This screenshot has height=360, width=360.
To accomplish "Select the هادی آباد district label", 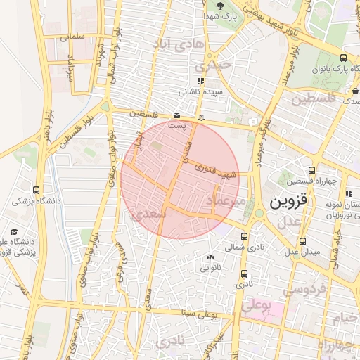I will (182, 44).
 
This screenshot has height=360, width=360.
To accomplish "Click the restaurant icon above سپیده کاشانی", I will (200, 81).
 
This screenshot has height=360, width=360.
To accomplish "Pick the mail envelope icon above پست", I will (176, 115).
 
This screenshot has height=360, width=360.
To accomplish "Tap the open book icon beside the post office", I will (202, 117).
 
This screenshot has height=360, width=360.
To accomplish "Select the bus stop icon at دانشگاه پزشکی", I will (37, 190).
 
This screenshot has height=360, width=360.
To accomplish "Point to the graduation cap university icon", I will (14, 231).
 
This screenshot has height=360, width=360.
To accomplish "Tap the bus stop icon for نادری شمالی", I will (244, 236).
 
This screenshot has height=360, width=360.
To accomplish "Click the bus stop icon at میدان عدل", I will (302, 241).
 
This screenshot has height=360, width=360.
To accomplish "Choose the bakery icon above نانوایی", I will (211, 257).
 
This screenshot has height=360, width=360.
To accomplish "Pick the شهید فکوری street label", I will (220, 170).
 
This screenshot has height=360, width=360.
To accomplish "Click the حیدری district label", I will (214, 65).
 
